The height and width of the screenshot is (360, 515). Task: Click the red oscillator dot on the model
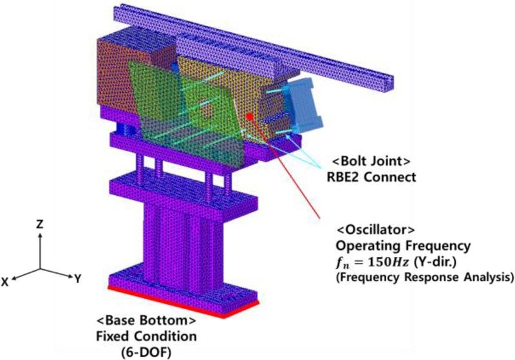(x=250, y=117)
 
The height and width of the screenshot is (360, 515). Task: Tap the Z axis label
(x=40, y=224)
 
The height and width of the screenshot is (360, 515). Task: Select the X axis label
(x=5, y=282)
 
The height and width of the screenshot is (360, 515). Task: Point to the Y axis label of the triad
(x=77, y=279)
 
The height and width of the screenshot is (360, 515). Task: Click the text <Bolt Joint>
(x=371, y=161)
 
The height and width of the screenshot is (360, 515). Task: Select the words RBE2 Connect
(x=371, y=177)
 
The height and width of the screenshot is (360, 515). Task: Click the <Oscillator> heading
(x=376, y=230)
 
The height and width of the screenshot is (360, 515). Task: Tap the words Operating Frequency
(x=403, y=246)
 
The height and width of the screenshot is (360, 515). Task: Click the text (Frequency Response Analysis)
(x=424, y=277)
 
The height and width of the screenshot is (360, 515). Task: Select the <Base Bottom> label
(x=146, y=321)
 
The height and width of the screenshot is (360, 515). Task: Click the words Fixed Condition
(x=147, y=336)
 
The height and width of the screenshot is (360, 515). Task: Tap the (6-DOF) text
(x=147, y=352)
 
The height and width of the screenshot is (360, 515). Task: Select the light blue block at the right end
(x=304, y=104)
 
